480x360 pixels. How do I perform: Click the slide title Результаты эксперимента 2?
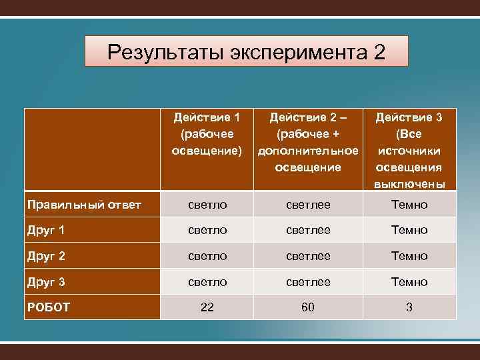pyautogui.click(x=246, y=51)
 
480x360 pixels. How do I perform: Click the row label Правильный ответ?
pyautogui.click(x=83, y=205)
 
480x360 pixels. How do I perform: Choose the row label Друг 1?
pyautogui.click(x=46, y=231)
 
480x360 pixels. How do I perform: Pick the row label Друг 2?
pyautogui.click(x=46, y=256)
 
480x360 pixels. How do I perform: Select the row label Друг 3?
pyautogui.click(x=46, y=282)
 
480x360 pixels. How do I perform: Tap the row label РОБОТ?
pyautogui.click(x=49, y=307)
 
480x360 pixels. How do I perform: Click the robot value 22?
pyautogui.click(x=207, y=307)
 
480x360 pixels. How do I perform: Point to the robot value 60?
pyautogui.click(x=307, y=307)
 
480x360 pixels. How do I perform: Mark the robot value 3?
pyautogui.click(x=409, y=307)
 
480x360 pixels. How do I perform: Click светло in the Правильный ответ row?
pyautogui.click(x=207, y=205)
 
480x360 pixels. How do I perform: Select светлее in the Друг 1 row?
pyautogui.click(x=307, y=231)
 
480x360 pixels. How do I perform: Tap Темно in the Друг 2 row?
pyautogui.click(x=409, y=256)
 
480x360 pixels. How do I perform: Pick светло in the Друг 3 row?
pyautogui.click(x=207, y=282)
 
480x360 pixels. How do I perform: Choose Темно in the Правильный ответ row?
pyautogui.click(x=409, y=205)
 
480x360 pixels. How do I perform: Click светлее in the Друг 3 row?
pyautogui.click(x=307, y=282)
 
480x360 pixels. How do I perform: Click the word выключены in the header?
pyautogui.click(x=409, y=183)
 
